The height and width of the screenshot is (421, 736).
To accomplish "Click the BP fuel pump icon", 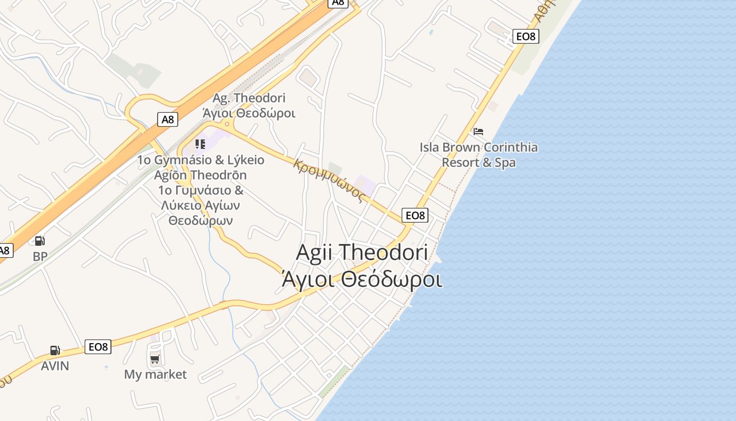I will point(39,241).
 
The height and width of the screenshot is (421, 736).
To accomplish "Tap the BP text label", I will point(40,257).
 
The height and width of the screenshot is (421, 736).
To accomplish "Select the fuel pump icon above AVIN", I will point(55,350).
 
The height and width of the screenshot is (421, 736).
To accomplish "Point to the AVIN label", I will point(55,366).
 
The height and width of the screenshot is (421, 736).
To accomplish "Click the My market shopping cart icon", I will point(155,360).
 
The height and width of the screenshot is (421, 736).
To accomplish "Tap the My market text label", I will point(155,375).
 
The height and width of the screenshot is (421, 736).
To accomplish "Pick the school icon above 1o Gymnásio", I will point(200,144).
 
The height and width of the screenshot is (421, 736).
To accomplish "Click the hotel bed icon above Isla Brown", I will point(478,132).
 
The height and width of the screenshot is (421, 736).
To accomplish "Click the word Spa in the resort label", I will point(505,163).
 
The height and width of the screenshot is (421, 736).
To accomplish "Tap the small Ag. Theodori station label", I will point(249,98).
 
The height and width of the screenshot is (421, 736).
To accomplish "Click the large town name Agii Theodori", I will point(362,252).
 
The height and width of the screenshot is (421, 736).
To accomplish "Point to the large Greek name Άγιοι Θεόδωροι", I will point(362,279).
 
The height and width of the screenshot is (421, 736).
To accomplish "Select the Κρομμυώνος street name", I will point(330,179).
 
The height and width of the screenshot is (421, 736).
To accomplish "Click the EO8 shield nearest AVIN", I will point(98,347).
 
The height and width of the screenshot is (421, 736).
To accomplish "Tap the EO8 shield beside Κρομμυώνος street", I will point(415,215).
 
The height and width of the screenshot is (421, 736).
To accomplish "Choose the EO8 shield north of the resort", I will point(526,36).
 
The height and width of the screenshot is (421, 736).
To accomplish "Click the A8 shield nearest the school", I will point(167,119).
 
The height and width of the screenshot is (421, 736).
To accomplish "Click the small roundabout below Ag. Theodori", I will point(228,124).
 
